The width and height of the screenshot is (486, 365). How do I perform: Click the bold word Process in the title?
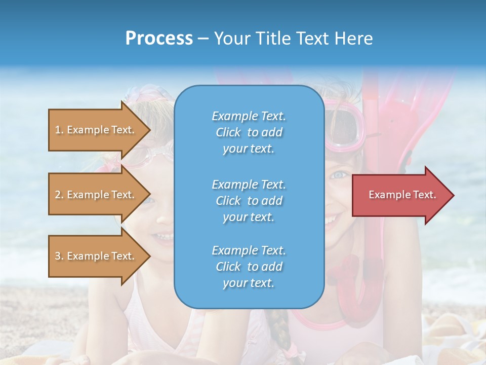pyautogui.click(x=159, y=39)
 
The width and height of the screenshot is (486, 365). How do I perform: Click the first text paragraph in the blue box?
pyautogui.click(x=249, y=132)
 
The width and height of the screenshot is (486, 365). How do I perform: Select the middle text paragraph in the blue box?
pyautogui.click(x=249, y=201)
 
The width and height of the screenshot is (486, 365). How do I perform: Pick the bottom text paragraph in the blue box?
pyautogui.click(x=249, y=267)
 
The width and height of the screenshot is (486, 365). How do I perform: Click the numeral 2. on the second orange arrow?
pyautogui.click(x=59, y=195)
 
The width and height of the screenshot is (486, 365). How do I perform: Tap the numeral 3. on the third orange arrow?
pyautogui.click(x=59, y=256)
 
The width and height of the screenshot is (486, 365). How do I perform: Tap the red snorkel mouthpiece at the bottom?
pyautogui.click(x=349, y=279)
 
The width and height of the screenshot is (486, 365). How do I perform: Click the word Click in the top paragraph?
pyautogui.click(x=228, y=132)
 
